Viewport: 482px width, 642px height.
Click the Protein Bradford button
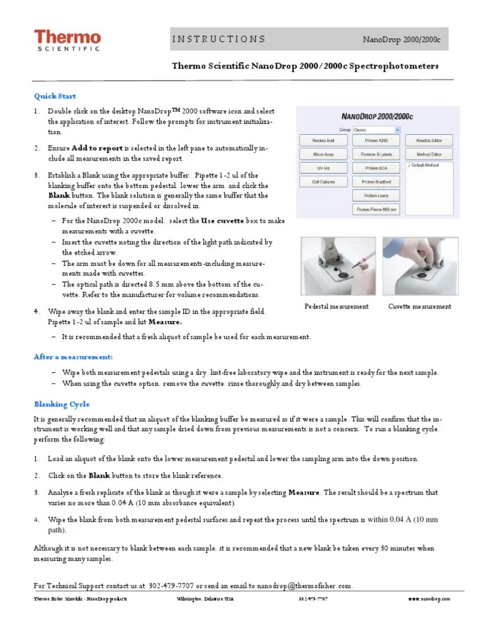[x=376, y=182]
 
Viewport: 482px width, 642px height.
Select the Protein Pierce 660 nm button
[x=376, y=209]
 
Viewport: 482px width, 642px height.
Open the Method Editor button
[x=429, y=154]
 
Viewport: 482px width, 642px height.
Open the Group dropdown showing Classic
[x=375, y=129]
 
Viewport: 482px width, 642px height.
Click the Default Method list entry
[x=426, y=166]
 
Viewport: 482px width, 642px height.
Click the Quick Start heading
[x=55, y=96]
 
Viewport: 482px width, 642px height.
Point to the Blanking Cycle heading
[x=61, y=404]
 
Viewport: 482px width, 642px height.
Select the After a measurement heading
[x=73, y=357]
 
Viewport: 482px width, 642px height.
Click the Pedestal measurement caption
[x=336, y=307]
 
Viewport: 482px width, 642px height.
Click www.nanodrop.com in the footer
[x=429, y=599]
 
